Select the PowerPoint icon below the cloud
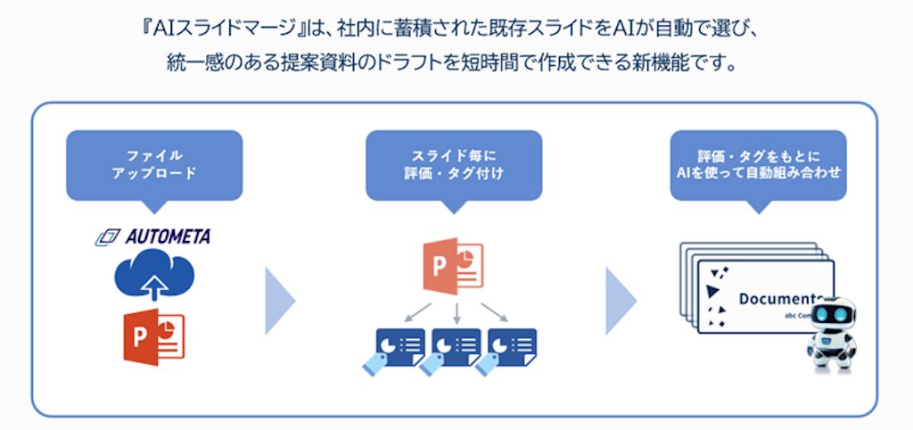(x=153, y=336)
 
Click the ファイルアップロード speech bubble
(x=154, y=164)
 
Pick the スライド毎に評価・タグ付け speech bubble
(x=454, y=164)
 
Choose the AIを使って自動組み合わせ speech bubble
(x=758, y=164)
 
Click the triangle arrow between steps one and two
(x=278, y=300)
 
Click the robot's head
(x=831, y=318)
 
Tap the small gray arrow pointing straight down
(x=456, y=311)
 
